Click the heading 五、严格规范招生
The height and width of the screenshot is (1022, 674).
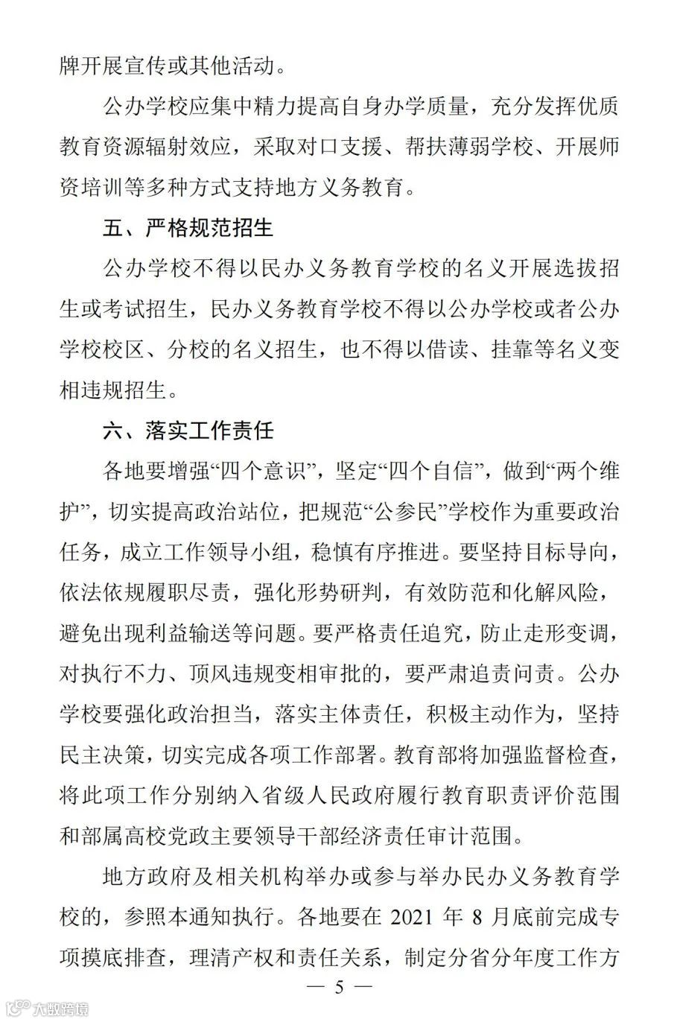coord(188,227)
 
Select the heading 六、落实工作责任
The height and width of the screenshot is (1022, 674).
coord(188,429)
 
